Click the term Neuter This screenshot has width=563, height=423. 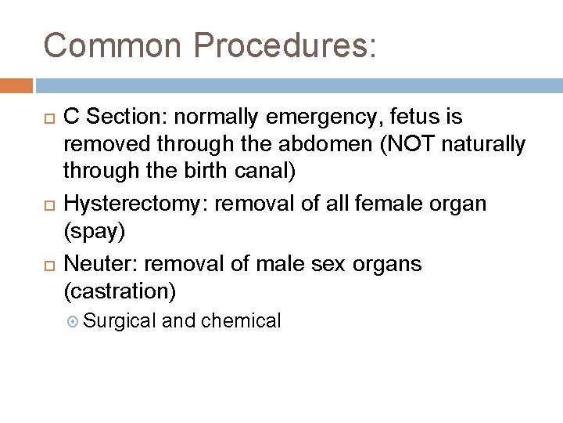(94, 264)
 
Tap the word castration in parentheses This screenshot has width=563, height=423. (119, 293)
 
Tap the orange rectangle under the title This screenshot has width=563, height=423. (16, 85)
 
